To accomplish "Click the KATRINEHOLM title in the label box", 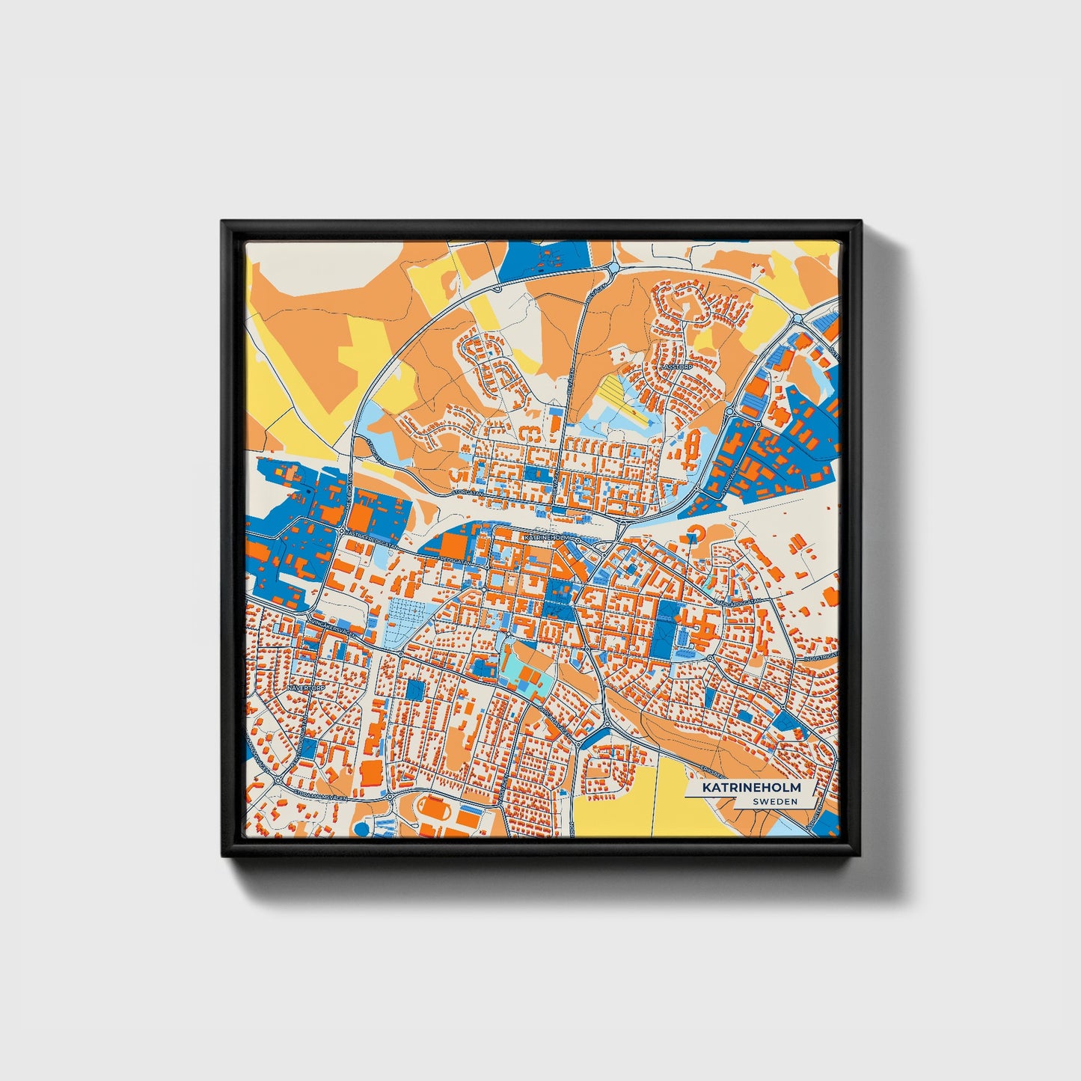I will [750, 788].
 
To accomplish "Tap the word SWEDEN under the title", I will [775, 801].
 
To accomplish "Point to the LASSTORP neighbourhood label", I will [673, 368].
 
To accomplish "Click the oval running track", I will [430, 808].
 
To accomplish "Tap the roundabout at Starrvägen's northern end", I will [729, 412].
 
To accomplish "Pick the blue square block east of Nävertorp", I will [414, 690].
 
